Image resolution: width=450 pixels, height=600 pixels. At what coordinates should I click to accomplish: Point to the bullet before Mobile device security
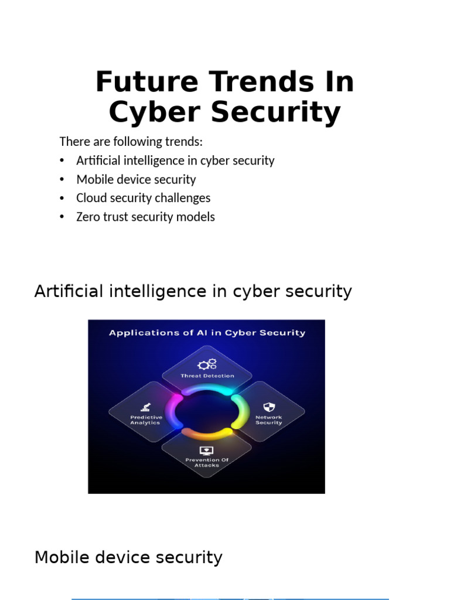[x=63, y=179]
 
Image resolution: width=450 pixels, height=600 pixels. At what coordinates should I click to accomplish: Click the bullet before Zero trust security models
[x=63, y=217]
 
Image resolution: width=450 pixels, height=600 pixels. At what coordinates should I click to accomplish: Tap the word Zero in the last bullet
[x=88, y=217]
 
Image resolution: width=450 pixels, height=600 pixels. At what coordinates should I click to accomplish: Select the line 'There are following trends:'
[x=131, y=142]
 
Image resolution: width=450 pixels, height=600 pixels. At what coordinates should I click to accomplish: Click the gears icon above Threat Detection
[x=207, y=364]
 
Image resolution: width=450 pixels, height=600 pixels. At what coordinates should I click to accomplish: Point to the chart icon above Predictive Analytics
[x=145, y=407]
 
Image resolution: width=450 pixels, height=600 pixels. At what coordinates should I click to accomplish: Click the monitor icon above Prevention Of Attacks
[x=206, y=450]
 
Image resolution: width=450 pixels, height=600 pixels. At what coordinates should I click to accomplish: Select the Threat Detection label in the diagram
[x=207, y=376]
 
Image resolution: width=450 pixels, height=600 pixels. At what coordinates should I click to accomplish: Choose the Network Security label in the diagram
[x=268, y=420]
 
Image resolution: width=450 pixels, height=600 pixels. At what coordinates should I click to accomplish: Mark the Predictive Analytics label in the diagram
[x=145, y=420]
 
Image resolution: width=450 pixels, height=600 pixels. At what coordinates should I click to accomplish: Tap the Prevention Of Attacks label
[x=206, y=462]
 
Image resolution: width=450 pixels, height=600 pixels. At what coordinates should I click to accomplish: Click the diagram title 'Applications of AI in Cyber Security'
[x=207, y=333]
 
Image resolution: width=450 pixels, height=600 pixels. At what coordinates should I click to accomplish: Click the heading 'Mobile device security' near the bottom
[x=128, y=557]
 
